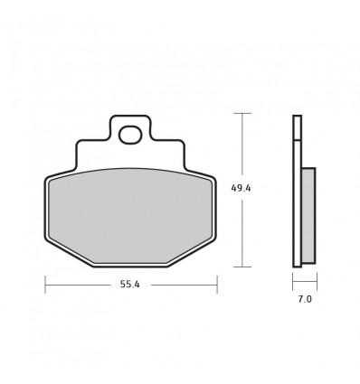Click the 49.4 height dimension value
point(241,188)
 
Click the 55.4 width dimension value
point(130,285)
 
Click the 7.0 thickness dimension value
point(305,299)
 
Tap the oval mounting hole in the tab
point(130,135)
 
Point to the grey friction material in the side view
point(308,215)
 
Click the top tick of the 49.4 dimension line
point(242,113)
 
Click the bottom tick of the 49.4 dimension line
point(242,267)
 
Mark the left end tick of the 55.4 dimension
point(45,285)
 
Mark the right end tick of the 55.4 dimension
point(217,285)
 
